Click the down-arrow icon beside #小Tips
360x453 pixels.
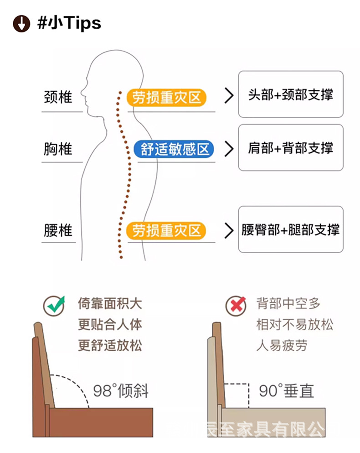pos(21,23)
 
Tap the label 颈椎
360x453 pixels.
pos(57,97)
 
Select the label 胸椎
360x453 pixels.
pos(57,149)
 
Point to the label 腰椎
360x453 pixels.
pos(57,230)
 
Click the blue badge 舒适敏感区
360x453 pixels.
pos(174,149)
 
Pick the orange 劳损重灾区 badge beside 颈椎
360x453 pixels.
pos(166,97)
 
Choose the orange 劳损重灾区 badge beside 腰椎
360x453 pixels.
pos(166,230)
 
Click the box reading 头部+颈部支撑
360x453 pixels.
pos(290,94)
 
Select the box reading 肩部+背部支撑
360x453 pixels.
pos(290,148)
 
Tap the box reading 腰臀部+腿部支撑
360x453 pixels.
pos(290,229)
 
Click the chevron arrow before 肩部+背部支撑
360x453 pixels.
pos(229,149)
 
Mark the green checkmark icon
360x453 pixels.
pos(54,305)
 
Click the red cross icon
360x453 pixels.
pos(236,305)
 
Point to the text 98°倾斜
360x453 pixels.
pos(121,391)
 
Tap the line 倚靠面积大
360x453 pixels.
pos(110,304)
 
